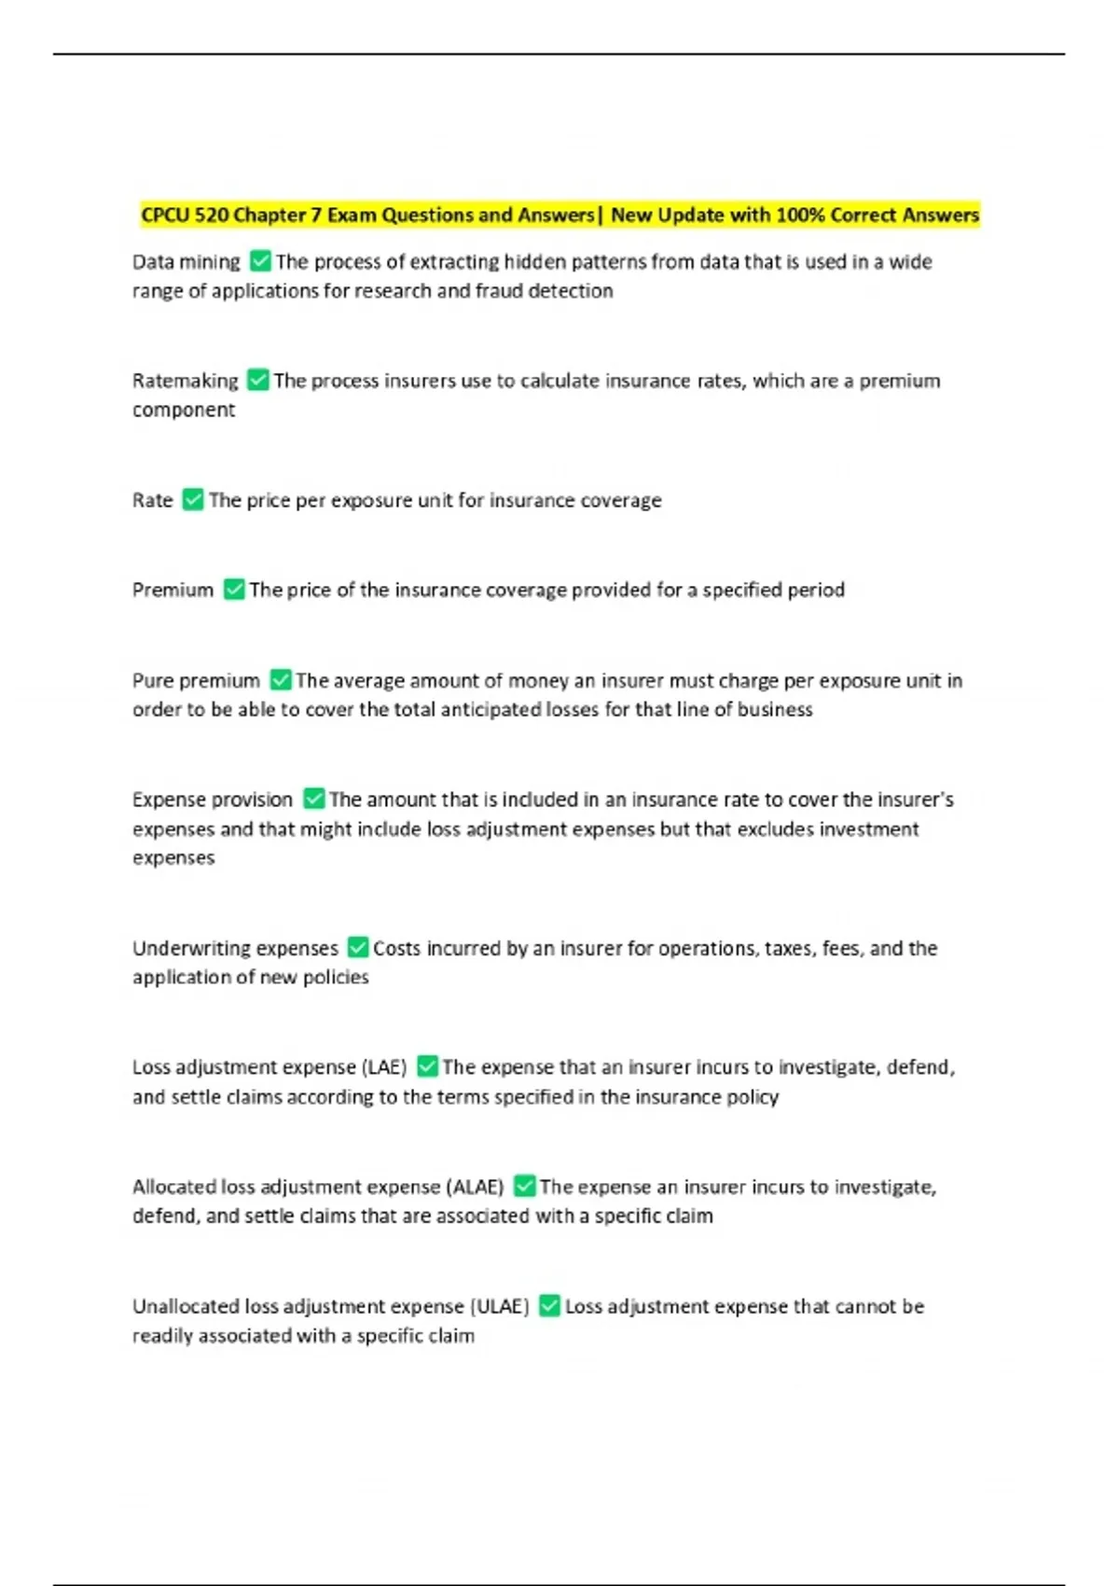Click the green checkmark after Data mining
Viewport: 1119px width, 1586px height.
261,261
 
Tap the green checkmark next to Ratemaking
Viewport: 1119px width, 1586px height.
258,380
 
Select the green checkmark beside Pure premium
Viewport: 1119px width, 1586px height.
281,680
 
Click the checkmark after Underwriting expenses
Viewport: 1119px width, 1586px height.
358,948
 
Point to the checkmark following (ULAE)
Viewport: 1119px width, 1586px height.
550,1306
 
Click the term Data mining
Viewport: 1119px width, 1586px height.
186,262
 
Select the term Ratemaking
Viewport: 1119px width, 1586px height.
186,381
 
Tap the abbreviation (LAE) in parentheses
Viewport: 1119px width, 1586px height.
383,1066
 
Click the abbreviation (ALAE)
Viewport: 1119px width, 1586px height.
476,1187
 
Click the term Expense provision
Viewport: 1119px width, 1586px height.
213,800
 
